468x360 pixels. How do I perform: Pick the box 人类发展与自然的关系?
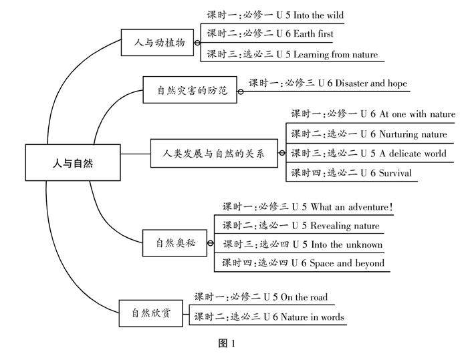(x=213, y=154)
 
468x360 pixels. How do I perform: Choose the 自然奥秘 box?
(x=174, y=242)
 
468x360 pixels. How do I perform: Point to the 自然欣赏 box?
(x=150, y=313)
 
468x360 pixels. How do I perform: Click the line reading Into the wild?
(x=275, y=15)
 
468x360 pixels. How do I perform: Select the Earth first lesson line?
(x=270, y=34)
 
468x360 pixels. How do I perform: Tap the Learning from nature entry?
(x=291, y=54)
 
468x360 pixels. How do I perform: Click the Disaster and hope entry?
(x=328, y=83)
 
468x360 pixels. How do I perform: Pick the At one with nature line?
(x=372, y=114)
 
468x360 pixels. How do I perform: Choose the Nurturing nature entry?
(x=368, y=134)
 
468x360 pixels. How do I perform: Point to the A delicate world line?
(x=368, y=154)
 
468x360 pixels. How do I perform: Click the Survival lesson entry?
(x=351, y=174)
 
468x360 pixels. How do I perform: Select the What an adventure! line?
(x=307, y=207)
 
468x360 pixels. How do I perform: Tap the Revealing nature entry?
(x=301, y=226)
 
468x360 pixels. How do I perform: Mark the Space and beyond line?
(x=304, y=263)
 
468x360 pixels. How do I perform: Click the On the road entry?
(x=261, y=297)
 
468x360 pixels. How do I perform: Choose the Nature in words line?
(x=269, y=317)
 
